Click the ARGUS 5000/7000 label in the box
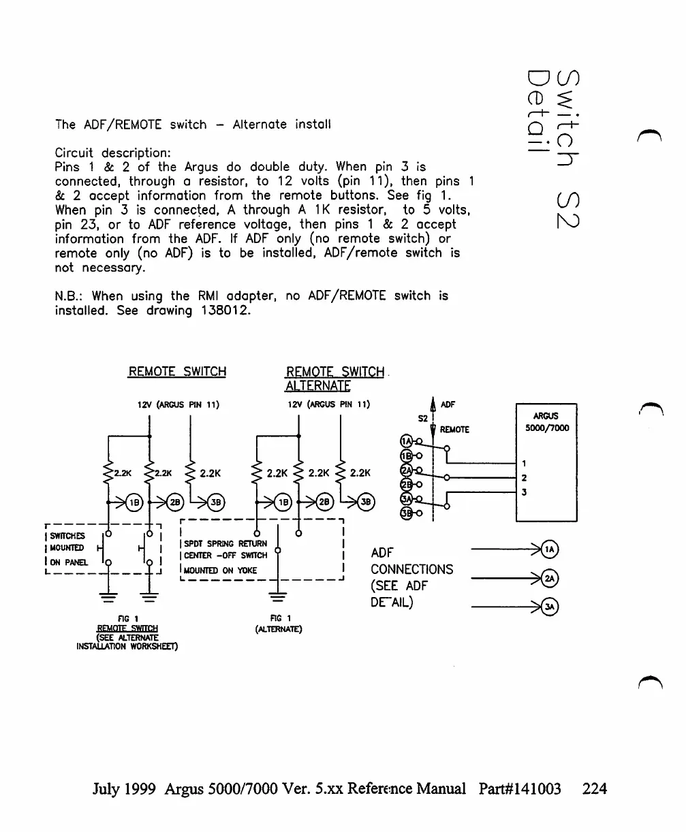pyautogui.click(x=552, y=422)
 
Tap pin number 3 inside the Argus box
pyautogui.click(x=523, y=492)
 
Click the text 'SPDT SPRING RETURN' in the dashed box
pyautogui.click(x=221, y=544)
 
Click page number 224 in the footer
pyautogui.click(x=595, y=788)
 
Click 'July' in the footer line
pyautogui.click(x=108, y=788)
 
